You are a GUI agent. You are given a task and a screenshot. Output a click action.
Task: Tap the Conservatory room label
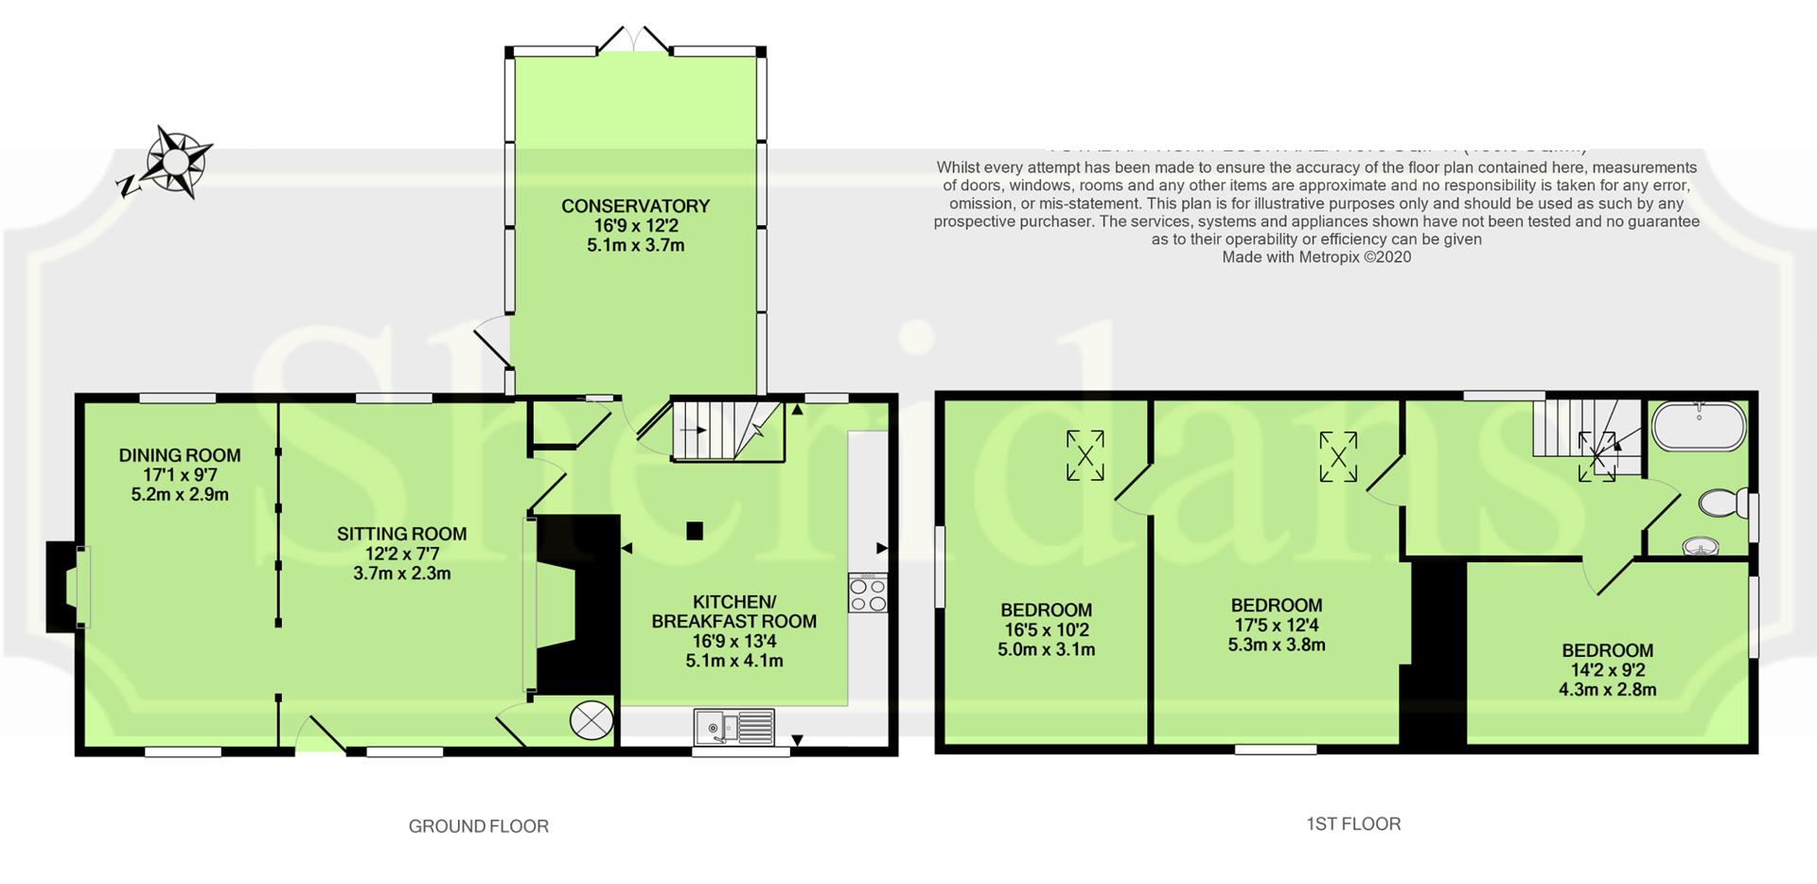point(635,225)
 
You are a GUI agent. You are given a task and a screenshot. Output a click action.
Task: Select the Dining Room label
point(180,474)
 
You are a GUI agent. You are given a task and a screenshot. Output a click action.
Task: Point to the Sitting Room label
point(401,553)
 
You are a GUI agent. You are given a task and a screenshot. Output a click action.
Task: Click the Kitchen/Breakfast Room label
point(734,631)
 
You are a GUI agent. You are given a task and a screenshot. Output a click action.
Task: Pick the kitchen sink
point(734,728)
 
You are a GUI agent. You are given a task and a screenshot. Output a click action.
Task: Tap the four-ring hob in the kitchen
point(868,593)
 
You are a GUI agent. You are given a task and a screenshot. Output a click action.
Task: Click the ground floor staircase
point(727,431)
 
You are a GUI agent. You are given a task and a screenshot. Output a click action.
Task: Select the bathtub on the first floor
point(1699,427)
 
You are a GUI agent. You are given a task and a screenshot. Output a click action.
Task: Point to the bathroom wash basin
point(1701,546)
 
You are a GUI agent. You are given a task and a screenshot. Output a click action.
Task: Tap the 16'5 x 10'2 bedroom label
point(1046,629)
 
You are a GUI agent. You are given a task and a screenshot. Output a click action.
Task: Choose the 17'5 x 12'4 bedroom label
point(1276,625)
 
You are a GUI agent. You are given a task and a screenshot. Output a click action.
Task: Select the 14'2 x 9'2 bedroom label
point(1607,669)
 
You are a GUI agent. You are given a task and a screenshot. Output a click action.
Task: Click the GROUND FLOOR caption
point(478,826)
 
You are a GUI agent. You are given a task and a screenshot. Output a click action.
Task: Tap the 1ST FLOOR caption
point(1353,823)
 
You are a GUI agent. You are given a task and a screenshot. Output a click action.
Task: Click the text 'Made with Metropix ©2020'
point(1316,256)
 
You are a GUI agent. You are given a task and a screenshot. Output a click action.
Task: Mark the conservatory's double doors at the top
point(635,40)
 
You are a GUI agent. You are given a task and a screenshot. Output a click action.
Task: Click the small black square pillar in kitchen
point(696,531)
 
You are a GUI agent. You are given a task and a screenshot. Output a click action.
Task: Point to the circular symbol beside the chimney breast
point(591,720)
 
